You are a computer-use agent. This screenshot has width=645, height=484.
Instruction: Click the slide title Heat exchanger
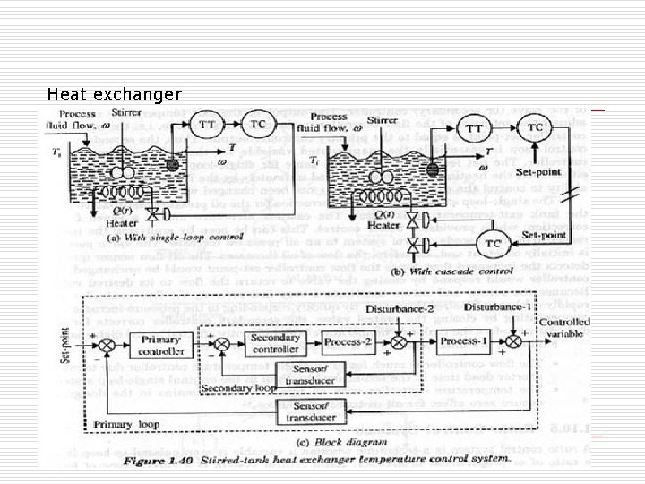click(x=114, y=94)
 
